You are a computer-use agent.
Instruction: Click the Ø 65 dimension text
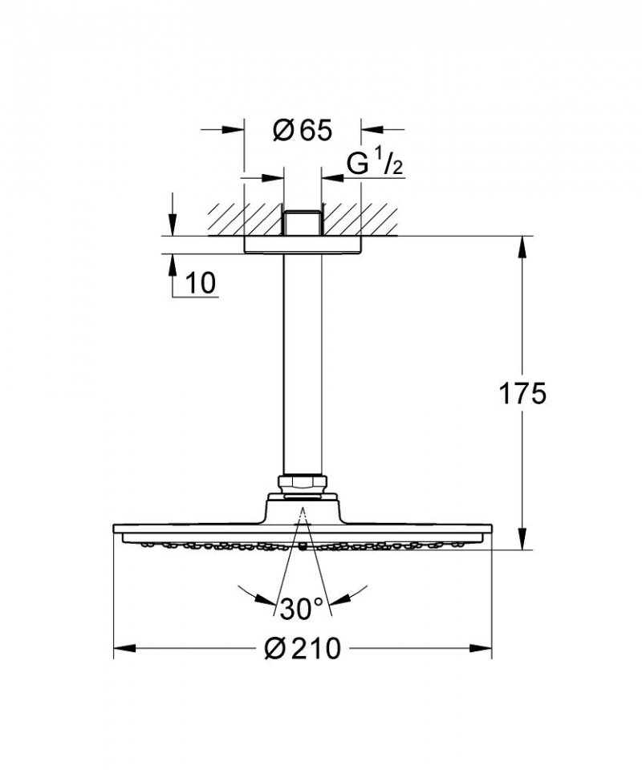302,131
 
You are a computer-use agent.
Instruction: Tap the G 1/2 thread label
374,164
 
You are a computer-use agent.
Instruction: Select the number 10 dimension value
201,282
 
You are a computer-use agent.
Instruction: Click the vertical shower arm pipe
302,361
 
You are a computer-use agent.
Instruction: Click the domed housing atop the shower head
302,509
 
